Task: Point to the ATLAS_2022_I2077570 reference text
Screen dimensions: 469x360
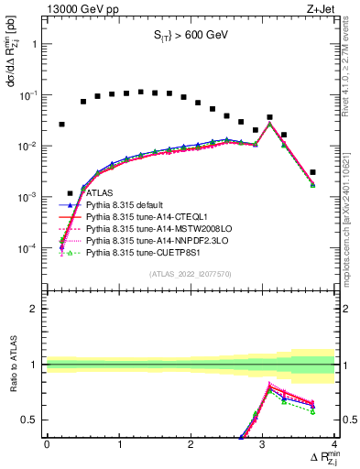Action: click(190, 273)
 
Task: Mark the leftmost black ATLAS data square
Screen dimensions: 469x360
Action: click(61, 124)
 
